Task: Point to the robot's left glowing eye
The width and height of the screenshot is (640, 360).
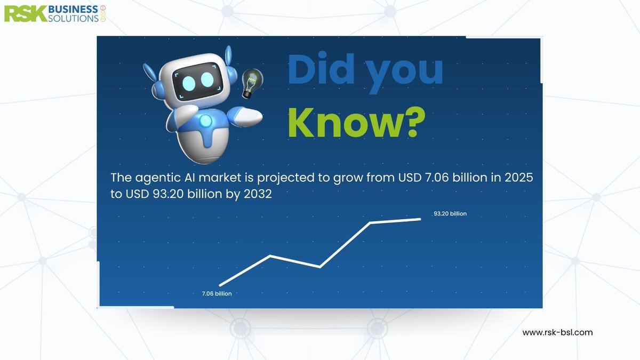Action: coord(190,82)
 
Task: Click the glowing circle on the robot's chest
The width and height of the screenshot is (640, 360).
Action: coord(205,122)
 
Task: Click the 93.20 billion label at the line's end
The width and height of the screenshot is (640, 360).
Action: coord(450,214)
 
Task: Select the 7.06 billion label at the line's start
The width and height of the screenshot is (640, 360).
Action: coord(217,294)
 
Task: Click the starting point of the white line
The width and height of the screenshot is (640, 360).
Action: coord(220,285)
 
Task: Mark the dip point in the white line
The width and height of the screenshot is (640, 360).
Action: coord(320,266)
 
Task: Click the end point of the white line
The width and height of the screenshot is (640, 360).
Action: coord(420,219)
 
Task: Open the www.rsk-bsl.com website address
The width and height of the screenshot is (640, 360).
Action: coord(557,332)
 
